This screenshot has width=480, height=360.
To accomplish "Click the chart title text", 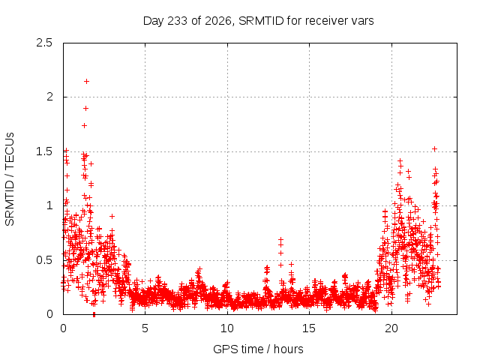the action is (258, 21).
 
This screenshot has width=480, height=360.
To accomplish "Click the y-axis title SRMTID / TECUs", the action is (10, 178).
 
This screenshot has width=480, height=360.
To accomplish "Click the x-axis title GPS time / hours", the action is (258, 349).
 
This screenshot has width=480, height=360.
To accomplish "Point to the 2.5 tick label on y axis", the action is (44, 43).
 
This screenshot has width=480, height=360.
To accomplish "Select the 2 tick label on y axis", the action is (49, 97).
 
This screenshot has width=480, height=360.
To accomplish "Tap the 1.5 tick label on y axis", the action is (44, 151).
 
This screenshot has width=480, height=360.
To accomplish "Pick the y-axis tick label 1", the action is (49, 205).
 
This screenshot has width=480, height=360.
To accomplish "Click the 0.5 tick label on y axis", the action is (44, 260).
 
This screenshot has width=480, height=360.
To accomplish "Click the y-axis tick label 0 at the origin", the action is (49, 314).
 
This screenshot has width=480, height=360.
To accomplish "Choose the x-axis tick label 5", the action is (145, 328).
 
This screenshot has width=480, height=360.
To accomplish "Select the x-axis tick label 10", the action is (227, 328).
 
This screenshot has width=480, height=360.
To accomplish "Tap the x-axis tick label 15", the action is (309, 328).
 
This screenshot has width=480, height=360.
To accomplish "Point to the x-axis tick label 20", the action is (391, 328).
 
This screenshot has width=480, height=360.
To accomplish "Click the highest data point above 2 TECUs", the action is (87, 82).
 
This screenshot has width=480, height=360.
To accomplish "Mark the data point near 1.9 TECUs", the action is (86, 108).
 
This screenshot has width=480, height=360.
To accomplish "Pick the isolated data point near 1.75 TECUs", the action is (85, 125).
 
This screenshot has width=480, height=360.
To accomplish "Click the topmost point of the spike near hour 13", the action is (280, 239).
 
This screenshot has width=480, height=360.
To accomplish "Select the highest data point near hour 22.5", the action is (434, 149).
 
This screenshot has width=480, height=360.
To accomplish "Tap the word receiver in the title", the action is (325, 21).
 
